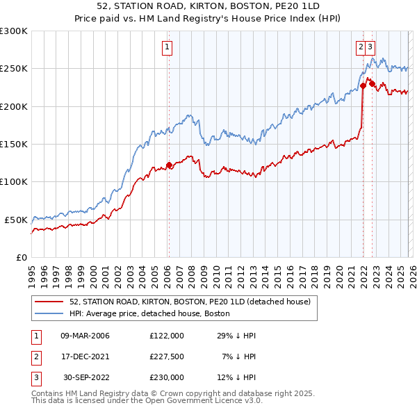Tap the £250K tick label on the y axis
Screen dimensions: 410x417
tap(14, 69)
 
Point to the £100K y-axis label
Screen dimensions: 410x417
tap(14, 181)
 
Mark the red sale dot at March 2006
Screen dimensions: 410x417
tap(168, 165)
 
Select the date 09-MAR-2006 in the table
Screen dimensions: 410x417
tap(85, 336)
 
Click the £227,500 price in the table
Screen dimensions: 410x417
tap(167, 356)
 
